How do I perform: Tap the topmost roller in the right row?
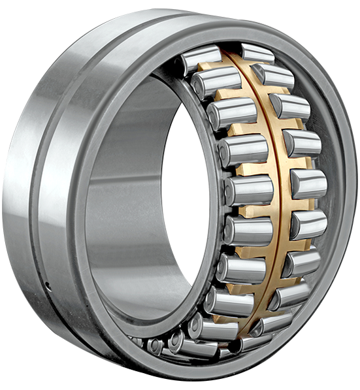click(257, 52)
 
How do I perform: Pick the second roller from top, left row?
click(216, 82)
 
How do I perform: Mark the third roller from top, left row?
click(231, 113)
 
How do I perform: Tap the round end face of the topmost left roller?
click(186, 63)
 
